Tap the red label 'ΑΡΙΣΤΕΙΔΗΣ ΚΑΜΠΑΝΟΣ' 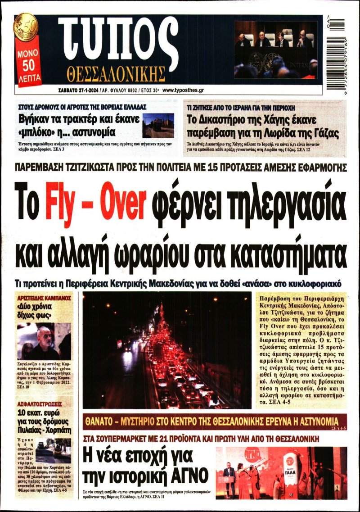(44, 299)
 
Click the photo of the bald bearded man (43, 340)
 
